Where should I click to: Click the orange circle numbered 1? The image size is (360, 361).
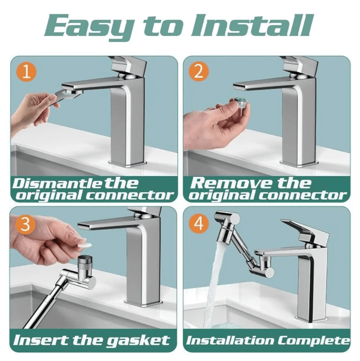[26, 72]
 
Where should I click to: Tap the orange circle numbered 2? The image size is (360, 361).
[199, 71]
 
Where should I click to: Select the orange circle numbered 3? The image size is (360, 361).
[25, 224]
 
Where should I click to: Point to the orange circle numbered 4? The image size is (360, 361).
[199, 223]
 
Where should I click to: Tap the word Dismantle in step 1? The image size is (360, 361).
[56, 183]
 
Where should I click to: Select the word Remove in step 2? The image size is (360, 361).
[231, 183]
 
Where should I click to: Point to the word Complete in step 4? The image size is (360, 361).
[313, 341]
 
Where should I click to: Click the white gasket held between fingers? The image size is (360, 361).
[84, 245]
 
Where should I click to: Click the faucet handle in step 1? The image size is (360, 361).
[129, 65]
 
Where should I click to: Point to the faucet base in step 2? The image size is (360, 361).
[299, 163]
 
